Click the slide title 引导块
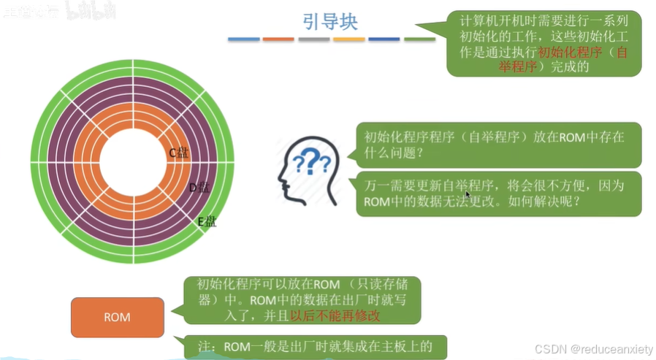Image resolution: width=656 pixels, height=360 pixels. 330,21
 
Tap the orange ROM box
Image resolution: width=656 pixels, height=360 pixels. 117,317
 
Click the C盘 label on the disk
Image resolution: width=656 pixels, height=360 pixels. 178,153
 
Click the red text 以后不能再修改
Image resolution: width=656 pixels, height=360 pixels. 335,315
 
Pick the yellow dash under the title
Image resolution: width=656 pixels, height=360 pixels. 348,39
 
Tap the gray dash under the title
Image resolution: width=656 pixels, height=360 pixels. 313,39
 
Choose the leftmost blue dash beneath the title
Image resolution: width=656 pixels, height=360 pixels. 243,39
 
